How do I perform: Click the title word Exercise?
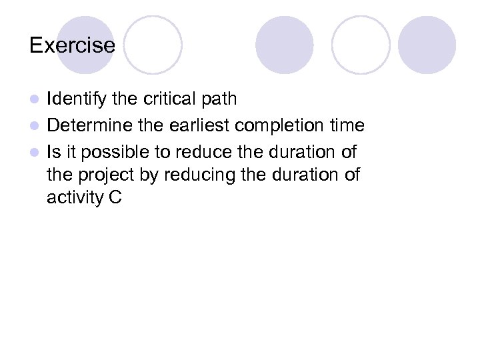72,46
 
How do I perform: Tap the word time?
347,125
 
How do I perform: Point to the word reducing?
195,175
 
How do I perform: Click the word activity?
73,199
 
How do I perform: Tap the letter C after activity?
114,199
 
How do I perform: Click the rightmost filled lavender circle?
427,45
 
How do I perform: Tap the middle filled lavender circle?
285,45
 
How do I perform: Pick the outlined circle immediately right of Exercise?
153,45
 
